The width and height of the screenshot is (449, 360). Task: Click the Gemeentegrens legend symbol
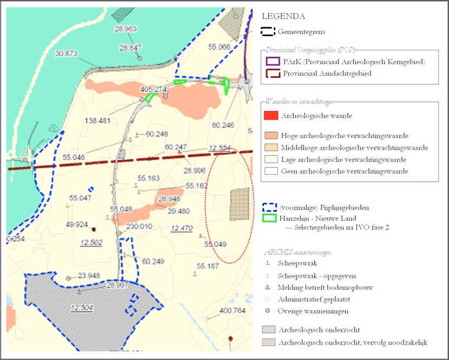269,32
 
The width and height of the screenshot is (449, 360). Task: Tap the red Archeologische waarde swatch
271,115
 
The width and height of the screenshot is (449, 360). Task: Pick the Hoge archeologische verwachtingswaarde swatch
271,135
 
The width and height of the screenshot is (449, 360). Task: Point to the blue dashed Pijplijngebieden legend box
270,207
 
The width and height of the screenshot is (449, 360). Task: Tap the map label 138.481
97,120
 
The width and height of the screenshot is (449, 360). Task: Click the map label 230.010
138,227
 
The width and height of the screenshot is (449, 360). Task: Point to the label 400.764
233,311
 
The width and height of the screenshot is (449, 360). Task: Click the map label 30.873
67,53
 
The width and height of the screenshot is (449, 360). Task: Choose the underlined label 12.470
181,229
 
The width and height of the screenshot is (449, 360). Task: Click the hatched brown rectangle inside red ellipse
240,204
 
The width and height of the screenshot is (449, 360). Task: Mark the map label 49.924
76,224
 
